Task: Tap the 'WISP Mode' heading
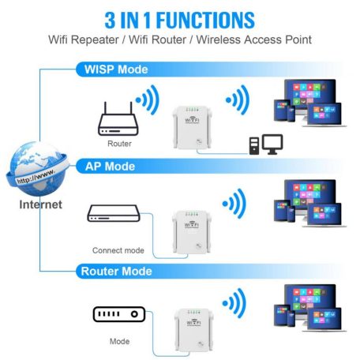[115, 69]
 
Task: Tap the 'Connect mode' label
[118, 250]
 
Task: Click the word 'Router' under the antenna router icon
[119, 144]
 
